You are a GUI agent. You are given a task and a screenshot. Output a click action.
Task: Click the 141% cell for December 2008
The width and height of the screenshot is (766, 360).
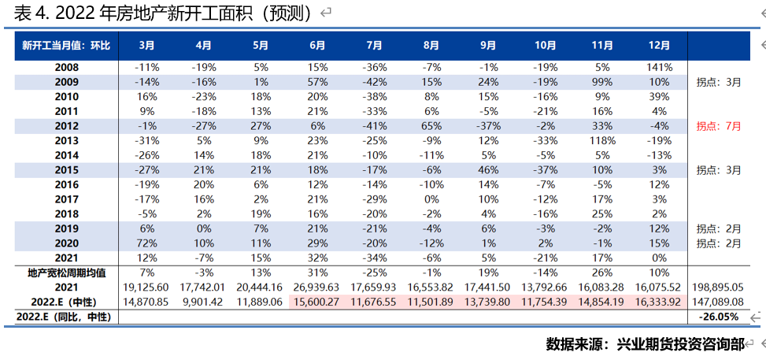(658, 68)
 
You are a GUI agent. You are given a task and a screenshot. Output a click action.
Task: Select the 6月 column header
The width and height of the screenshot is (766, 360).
(317, 46)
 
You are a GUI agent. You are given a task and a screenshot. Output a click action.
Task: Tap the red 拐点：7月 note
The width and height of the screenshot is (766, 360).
(719, 126)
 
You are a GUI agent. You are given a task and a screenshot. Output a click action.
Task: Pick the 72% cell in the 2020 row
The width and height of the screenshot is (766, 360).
(147, 243)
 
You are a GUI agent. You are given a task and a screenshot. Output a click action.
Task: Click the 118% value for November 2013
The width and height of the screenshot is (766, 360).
(601, 141)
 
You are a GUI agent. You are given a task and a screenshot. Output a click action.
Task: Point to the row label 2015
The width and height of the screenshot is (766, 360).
(67, 170)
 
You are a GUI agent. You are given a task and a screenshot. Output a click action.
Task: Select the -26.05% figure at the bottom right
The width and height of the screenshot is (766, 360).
(719, 317)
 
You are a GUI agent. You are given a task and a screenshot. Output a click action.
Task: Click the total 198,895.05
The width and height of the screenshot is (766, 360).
(718, 287)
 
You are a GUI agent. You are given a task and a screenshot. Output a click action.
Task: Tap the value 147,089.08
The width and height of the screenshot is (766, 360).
(718, 302)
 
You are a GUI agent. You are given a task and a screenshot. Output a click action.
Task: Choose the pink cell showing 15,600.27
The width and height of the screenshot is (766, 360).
(317, 302)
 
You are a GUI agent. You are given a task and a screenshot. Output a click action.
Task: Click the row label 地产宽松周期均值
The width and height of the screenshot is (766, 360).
(67, 273)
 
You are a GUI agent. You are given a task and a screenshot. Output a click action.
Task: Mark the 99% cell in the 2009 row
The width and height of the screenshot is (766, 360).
(601, 82)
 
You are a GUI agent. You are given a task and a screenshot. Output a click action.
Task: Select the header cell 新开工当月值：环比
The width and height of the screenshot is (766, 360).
(66, 46)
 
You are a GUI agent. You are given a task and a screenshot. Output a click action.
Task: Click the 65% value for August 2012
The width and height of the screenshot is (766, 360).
(431, 126)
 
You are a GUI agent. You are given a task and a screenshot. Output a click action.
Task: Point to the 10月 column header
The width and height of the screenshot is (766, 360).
(546, 46)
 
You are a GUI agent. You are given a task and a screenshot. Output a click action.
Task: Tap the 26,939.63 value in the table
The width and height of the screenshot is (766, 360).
(317, 287)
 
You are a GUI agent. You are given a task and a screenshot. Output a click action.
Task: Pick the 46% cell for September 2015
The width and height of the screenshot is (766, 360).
(488, 170)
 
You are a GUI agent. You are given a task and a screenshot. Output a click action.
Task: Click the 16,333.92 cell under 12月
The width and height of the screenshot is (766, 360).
(658, 302)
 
